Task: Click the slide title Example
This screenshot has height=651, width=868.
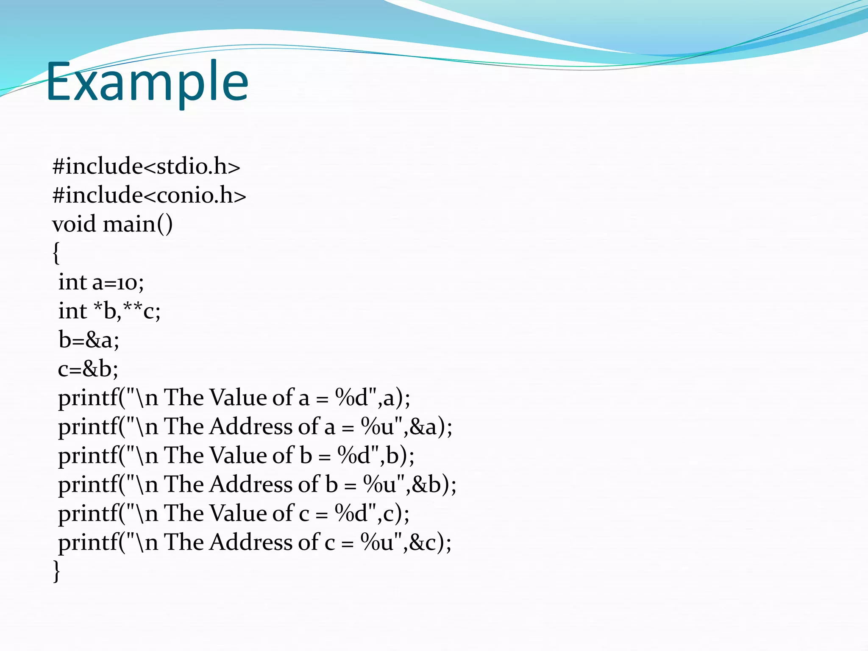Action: pos(147,81)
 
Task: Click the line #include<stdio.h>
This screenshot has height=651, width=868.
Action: pos(146,166)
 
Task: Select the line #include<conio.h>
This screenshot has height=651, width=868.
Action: pos(149,195)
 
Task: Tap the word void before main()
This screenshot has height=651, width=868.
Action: pos(74,224)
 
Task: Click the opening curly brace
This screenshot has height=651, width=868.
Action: pos(56,253)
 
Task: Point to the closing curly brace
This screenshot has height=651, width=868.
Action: pos(56,571)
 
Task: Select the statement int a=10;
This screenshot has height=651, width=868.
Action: pos(101,282)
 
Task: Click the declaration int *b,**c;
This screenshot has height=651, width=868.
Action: pos(109,311)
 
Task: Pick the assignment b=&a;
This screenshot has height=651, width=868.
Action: pos(89,340)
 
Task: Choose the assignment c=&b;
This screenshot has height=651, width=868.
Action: pos(88,369)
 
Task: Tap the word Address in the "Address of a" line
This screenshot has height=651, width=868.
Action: pos(251,427)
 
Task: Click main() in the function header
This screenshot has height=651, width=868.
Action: pos(138,224)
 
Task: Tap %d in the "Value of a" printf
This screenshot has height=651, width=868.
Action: pos(352,398)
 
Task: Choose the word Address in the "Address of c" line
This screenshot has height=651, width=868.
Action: pos(251,542)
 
